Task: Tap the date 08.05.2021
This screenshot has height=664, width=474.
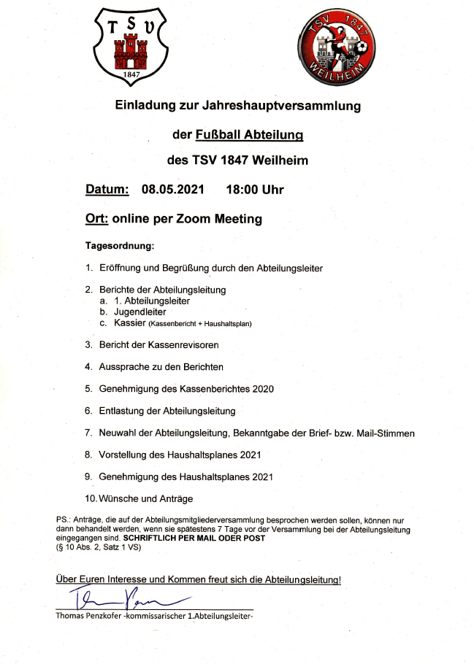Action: click(x=173, y=190)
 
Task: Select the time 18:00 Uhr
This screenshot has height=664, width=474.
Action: click(x=255, y=190)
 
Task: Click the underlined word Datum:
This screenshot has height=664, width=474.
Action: click(x=107, y=190)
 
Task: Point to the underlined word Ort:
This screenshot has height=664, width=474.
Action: click(x=97, y=219)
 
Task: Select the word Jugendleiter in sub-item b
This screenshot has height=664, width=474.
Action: click(x=140, y=312)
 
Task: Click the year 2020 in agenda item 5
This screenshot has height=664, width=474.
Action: click(x=261, y=389)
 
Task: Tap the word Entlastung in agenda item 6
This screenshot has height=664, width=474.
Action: click(x=122, y=411)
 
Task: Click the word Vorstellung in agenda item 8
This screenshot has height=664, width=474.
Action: click(x=124, y=455)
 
